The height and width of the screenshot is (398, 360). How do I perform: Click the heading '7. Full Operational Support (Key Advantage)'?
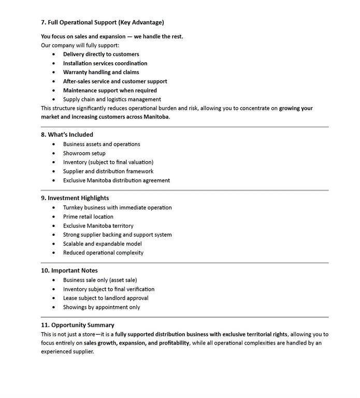click(103, 22)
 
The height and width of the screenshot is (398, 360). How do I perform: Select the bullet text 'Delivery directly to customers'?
click(101, 54)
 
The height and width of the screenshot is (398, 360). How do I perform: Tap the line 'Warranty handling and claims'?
click(101, 72)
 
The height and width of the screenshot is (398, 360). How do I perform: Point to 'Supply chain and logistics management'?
click(112, 99)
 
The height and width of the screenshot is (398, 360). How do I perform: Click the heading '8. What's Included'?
click(67, 134)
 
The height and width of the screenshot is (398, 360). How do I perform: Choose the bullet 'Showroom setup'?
click(84, 153)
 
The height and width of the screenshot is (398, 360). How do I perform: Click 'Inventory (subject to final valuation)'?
click(108, 162)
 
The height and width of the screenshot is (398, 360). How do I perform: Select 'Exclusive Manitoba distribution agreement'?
click(117, 180)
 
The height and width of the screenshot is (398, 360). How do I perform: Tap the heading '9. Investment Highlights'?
click(75, 198)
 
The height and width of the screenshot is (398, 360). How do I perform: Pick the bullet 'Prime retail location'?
click(88, 217)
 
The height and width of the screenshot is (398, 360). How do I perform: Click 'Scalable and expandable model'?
click(102, 244)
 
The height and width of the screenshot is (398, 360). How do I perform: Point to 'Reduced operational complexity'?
click(103, 253)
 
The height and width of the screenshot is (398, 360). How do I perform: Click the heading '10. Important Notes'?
click(69, 271)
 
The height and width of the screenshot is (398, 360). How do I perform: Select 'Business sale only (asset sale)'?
click(100, 280)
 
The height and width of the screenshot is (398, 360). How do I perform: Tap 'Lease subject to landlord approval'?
click(106, 298)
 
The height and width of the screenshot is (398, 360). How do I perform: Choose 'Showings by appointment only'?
click(102, 307)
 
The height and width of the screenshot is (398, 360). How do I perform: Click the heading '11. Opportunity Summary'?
click(78, 325)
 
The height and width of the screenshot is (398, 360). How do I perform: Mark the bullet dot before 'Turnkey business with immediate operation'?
click(54, 207)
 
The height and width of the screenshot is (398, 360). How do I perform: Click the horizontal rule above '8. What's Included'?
click(184, 126)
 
